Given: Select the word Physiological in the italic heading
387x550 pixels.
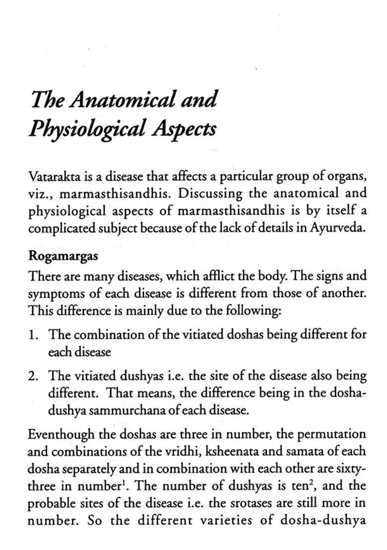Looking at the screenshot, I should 87,129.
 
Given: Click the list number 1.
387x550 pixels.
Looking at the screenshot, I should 34,334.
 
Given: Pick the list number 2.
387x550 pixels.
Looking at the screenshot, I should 34,376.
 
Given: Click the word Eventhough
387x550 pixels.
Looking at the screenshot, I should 58,434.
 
